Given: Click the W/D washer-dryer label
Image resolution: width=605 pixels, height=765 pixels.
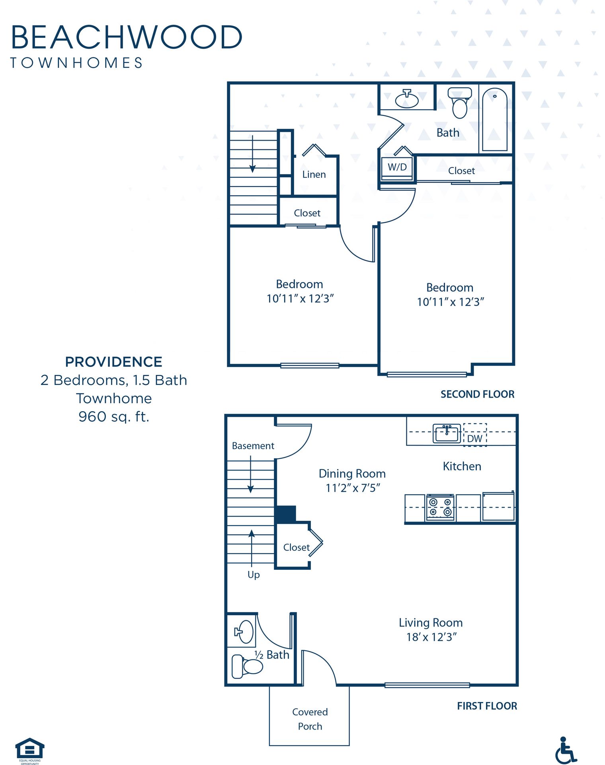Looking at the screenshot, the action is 397,167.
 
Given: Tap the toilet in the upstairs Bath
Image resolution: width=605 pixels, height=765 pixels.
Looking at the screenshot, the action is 460,103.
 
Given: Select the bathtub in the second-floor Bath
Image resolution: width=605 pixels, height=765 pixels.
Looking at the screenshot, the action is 495,120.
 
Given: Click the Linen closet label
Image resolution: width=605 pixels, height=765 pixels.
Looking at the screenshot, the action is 314,175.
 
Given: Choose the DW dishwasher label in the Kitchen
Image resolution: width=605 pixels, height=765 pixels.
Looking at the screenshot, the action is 474,439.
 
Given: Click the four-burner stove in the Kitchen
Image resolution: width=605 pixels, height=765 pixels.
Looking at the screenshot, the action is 440,507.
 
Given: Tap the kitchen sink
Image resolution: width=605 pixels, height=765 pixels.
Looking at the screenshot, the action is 447,433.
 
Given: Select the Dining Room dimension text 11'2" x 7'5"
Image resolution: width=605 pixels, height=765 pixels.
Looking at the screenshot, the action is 353,488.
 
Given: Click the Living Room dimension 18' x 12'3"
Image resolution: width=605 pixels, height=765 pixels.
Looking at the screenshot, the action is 431,637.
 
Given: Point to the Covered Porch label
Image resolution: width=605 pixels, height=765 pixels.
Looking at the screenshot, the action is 310,719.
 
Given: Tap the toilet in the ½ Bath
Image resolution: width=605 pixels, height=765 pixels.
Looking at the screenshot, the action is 247,667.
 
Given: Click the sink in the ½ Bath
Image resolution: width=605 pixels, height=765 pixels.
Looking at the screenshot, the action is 244,632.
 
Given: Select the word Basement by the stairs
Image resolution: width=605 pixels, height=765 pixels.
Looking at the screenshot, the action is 253,446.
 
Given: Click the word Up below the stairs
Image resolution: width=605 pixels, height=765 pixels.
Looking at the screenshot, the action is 254,575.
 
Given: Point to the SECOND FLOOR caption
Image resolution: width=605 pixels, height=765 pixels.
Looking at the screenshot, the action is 477,394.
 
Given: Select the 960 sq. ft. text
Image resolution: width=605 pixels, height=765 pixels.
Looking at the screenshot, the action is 114,417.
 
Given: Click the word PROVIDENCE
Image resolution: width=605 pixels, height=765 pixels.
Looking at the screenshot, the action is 114,362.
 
